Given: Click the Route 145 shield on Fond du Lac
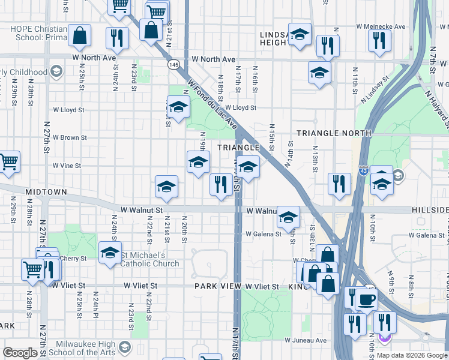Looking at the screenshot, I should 174,64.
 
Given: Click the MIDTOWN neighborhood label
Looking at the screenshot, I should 46,191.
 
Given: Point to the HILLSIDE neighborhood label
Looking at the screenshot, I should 430,210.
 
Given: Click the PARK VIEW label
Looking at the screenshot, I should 217,287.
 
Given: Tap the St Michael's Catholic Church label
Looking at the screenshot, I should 150,259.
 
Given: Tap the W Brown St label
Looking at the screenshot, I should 70,137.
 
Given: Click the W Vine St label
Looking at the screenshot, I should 66,165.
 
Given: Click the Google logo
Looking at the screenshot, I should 20,353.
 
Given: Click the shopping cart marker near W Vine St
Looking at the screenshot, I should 8,162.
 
